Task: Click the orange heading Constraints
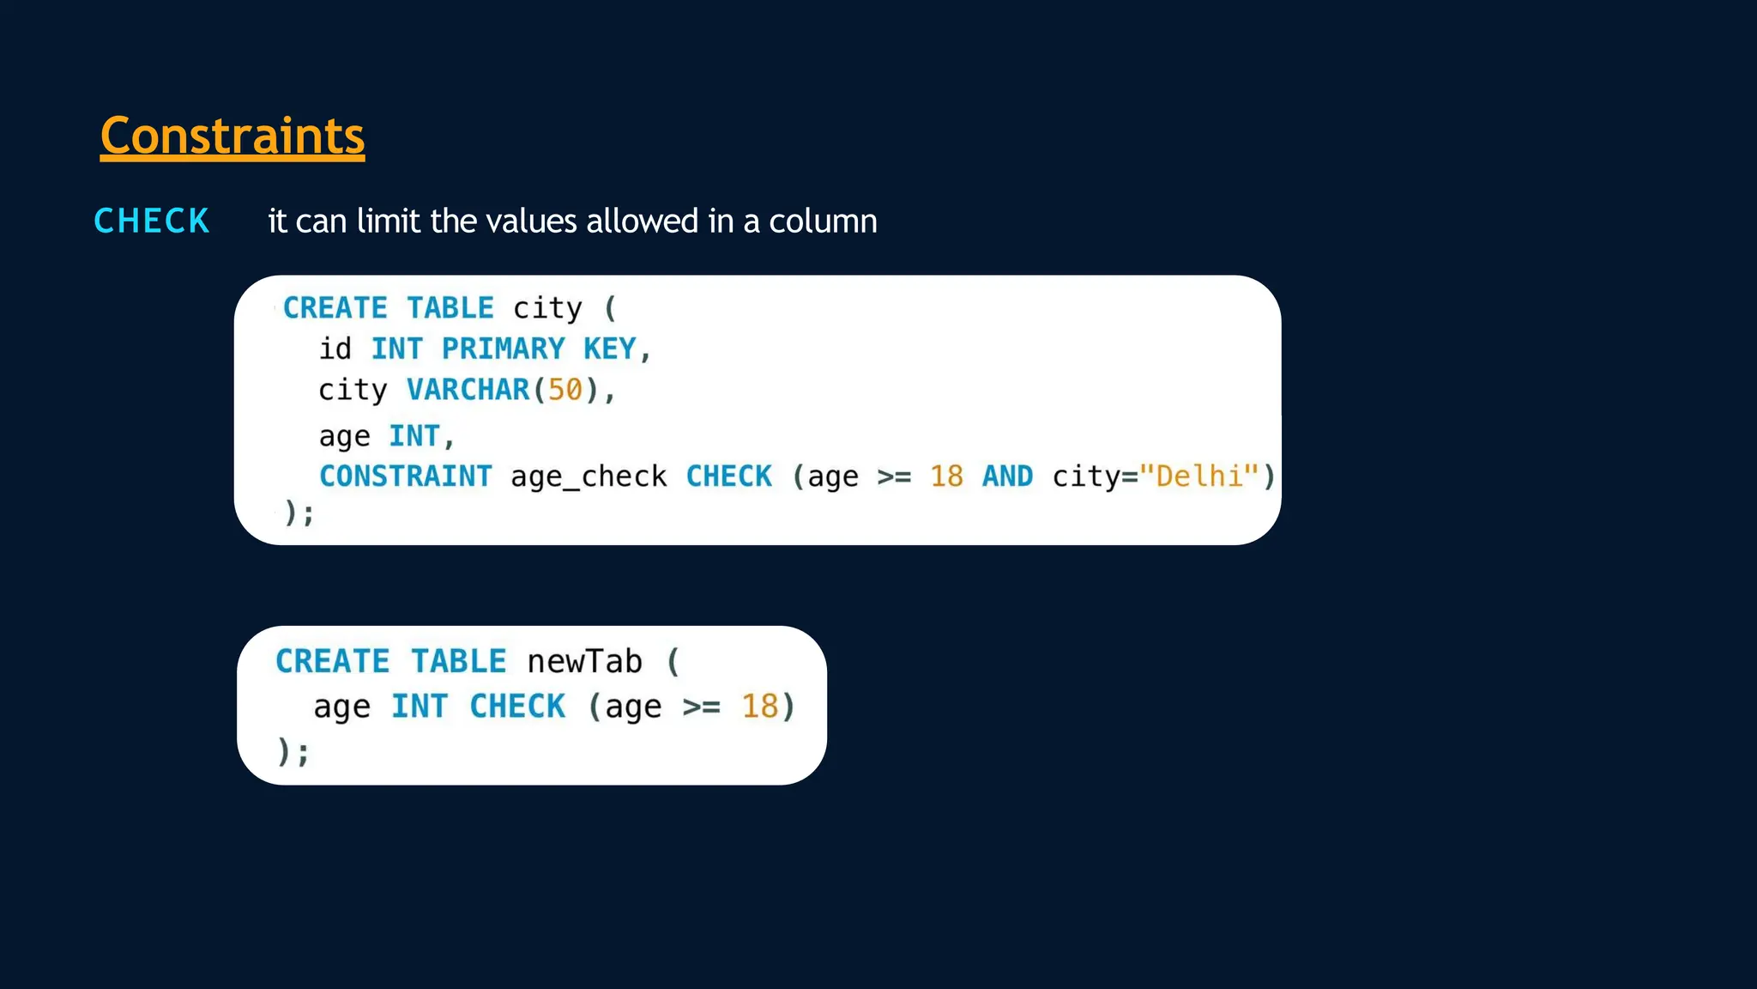pos(232,136)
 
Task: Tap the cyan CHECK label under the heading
pos(152,221)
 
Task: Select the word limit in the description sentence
pos(389,221)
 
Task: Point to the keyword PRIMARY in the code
pos(503,349)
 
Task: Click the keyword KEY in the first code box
pos(609,349)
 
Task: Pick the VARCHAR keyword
pos(468,390)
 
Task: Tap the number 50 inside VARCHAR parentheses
pos(565,390)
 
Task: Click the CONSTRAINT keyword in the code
pos(406,476)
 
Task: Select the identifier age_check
pos(589,476)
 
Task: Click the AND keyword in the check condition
pos(1007,476)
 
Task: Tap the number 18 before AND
pos(946,476)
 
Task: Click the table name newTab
pos(584,662)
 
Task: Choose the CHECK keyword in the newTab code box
pos(517,707)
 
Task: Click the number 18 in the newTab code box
pos(759,707)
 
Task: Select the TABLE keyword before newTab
pos(458,662)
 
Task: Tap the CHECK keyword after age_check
pos(729,476)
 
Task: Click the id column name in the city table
pos(335,349)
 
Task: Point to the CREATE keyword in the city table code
pos(335,307)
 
